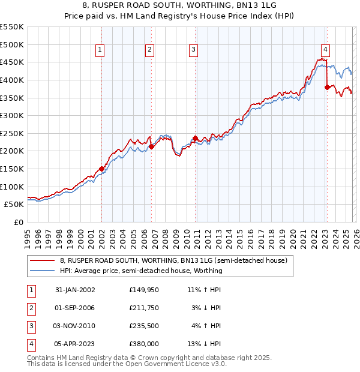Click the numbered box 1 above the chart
pyautogui.click(x=100, y=50)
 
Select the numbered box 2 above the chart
pyautogui.click(x=149, y=50)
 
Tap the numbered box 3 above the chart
pyautogui.click(x=194, y=50)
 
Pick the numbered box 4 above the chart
pyautogui.click(x=325, y=50)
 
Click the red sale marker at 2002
pyautogui.click(x=101, y=169)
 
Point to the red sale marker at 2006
pyautogui.click(x=151, y=146)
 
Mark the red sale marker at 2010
pyautogui.click(x=196, y=138)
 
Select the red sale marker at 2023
pyautogui.click(x=327, y=86)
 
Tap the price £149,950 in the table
pyautogui.click(x=143, y=290)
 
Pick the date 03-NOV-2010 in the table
pyautogui.click(x=75, y=326)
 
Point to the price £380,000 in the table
pyautogui.click(x=143, y=344)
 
